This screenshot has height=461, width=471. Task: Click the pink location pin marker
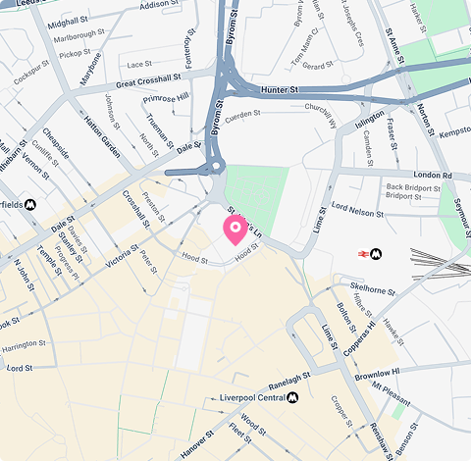(x=235, y=230)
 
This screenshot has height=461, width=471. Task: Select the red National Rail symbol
(x=363, y=253)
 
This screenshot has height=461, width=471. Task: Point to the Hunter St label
(x=280, y=89)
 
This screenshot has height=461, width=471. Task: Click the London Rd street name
(x=433, y=176)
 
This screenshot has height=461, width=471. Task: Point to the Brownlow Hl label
(x=378, y=374)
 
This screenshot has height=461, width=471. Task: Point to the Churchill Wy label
(x=321, y=115)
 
